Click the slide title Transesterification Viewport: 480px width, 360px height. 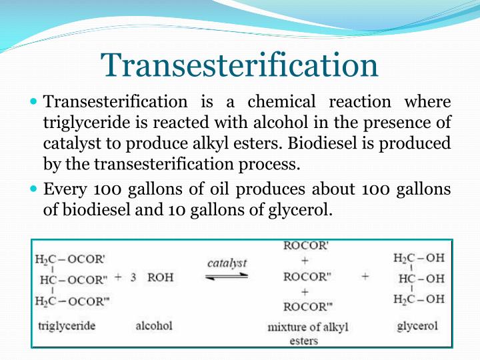point(240,65)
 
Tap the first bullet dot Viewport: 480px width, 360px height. point(35,103)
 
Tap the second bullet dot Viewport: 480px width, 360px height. point(35,189)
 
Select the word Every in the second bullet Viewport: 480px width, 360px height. point(65,189)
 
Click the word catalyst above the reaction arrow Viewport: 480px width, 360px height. point(227,262)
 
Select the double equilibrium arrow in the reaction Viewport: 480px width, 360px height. point(227,275)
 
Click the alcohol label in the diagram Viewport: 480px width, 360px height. point(154,325)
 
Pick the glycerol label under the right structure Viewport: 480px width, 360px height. point(417,326)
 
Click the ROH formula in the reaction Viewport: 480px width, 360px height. point(160,277)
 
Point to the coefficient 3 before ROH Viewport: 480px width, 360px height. point(133,277)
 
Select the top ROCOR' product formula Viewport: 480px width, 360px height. point(306,245)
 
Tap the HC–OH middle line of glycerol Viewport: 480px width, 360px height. point(421,278)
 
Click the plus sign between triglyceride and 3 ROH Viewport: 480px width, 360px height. point(118,277)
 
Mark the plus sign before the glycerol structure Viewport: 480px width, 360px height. point(365,276)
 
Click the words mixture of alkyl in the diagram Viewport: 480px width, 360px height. point(307,327)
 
